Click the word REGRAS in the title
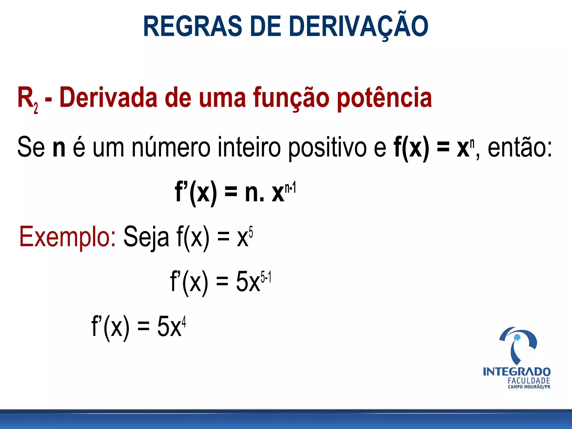coord(192,26)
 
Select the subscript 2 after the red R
coord(36,108)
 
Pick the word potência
coord(384,98)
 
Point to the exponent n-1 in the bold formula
coord(290,187)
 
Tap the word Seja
coord(146,237)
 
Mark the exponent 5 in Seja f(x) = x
coord(251,232)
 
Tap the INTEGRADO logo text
coord(517,372)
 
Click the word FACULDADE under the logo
coord(529,381)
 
